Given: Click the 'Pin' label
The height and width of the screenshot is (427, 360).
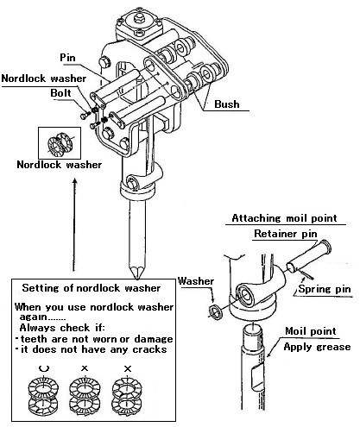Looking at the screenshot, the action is point(67,58).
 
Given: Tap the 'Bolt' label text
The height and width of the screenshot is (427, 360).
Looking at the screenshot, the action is point(60,93).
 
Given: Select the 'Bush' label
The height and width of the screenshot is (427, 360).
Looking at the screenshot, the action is point(227,104).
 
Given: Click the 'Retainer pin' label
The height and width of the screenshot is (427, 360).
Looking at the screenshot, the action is point(286,234).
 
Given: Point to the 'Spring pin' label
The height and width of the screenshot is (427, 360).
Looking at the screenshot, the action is point(325,289).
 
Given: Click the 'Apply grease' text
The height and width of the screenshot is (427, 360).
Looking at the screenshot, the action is point(317,347).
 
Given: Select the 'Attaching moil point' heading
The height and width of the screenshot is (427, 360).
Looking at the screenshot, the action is point(284,218).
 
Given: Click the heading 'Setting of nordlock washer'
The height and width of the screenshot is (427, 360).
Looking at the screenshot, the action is point(92,288).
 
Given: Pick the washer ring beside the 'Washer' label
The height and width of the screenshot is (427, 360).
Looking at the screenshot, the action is point(216,312).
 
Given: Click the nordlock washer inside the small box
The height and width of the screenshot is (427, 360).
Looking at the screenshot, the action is point(60,144).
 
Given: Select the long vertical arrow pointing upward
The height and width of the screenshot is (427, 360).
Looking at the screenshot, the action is point(74,224).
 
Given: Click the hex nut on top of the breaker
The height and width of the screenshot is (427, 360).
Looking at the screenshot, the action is point(139,18).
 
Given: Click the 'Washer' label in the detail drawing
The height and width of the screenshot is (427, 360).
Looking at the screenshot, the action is point(196,281).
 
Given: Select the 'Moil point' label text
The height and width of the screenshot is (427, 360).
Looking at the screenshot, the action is point(311,331).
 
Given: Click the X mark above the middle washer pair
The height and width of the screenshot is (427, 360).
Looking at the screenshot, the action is point(85,368).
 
